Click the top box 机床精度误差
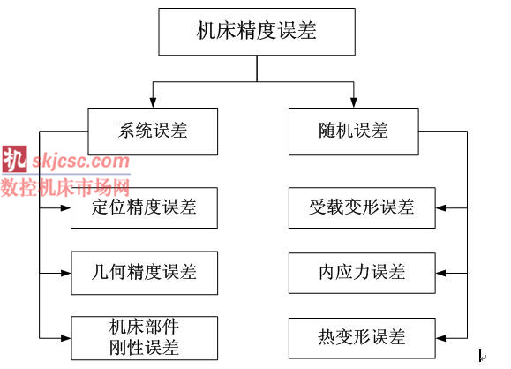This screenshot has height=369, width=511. pos(257,32)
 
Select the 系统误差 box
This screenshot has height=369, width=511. pos(153,132)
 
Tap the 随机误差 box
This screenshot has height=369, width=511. pos(354,132)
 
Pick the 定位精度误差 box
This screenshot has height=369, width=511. pos(145,207)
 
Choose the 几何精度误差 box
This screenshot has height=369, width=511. pos(145,273)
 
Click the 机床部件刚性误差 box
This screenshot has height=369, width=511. pos(145,338)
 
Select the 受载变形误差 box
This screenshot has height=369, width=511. pos(362,207)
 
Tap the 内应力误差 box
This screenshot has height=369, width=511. pos(362,273)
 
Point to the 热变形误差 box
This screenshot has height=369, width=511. pos(362,338)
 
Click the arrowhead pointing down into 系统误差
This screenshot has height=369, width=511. pos(153,102)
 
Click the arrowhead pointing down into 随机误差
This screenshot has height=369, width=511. pos(354,102)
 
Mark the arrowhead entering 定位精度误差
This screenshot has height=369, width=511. pos(66,207)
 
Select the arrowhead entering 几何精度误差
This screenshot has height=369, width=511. pos(66,273)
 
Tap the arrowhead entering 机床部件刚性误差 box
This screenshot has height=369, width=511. pos(66,338)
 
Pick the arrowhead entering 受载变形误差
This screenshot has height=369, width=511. pos(441,207)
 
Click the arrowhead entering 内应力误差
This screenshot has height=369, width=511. pos(441,273)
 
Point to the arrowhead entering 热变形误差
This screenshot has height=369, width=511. pos(441,338)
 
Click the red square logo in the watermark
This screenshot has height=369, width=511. pos(14,160)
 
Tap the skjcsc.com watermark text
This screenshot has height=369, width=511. pos(80,161)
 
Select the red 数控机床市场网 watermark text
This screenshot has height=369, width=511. pos(65,187)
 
